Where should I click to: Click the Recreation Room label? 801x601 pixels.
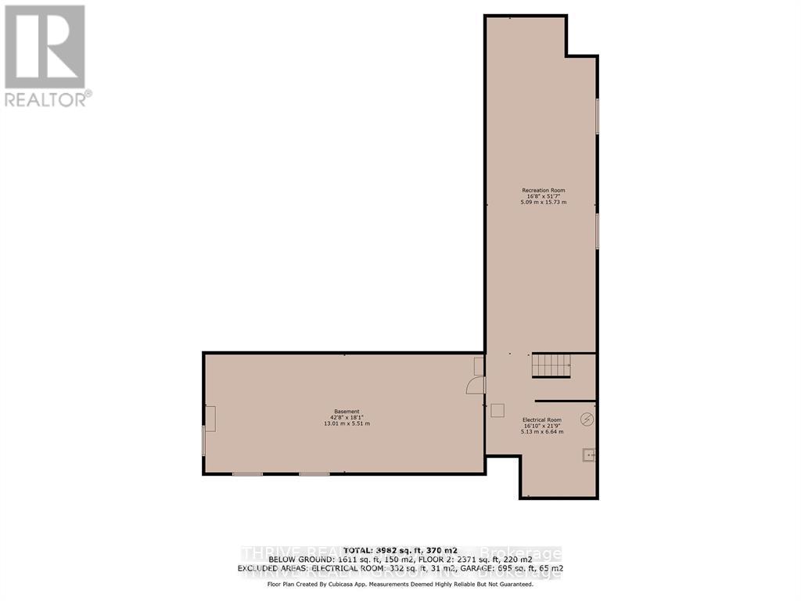543,190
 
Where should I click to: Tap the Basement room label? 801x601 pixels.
346,412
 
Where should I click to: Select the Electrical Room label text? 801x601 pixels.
542,420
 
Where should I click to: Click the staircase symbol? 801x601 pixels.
551,365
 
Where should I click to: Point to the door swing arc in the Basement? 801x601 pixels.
475,385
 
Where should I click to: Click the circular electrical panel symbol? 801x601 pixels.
587,419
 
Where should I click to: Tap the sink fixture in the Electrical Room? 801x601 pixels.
588,454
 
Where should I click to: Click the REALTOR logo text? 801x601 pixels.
47,99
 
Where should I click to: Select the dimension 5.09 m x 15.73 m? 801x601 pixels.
543,203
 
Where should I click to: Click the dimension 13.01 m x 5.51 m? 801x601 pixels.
346,423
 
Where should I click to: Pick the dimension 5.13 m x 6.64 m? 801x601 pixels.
542,432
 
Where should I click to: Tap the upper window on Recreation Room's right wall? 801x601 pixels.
598,116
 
